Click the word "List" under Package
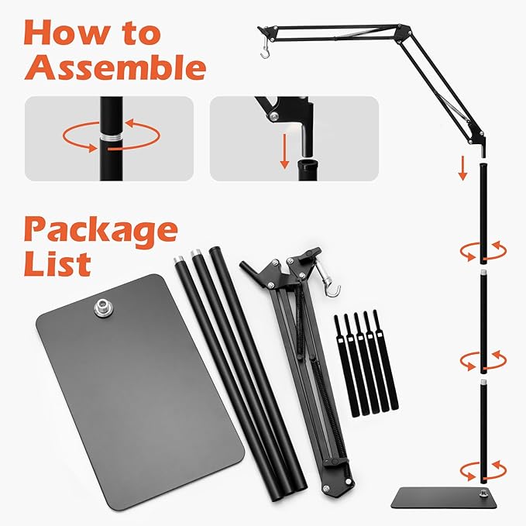tap(57, 263)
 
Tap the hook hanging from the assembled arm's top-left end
tap(265, 50)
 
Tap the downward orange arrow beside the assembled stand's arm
tap(462, 167)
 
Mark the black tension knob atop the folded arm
tap(311, 253)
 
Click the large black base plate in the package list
tap(139, 387)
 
